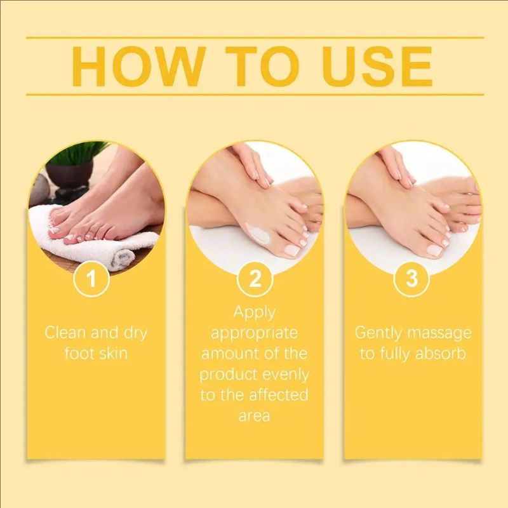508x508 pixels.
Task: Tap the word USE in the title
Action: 377,65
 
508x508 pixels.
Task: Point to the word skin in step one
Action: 114,353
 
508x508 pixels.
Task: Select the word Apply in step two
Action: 254,312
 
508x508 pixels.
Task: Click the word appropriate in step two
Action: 254,333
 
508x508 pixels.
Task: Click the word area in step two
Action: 254,416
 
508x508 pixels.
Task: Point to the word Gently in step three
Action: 378,333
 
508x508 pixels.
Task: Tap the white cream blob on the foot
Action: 260,234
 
